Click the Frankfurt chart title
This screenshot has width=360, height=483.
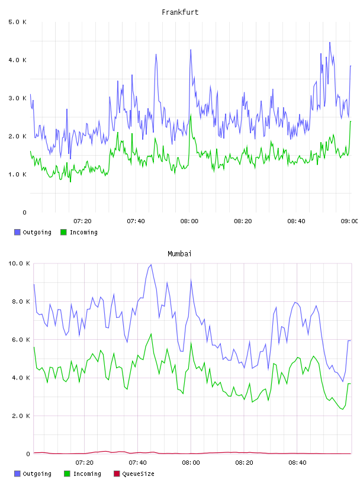(180, 12)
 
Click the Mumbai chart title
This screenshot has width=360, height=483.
(179, 254)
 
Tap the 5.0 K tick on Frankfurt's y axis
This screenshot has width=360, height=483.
(18, 22)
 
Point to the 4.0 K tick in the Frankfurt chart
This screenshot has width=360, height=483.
(18, 60)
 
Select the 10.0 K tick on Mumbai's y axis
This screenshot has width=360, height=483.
(19, 263)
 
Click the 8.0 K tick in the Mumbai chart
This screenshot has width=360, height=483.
(21, 301)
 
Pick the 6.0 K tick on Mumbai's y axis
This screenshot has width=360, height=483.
(21, 340)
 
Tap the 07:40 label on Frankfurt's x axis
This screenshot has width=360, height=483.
(136, 221)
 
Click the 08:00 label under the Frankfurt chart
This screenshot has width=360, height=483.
(189, 221)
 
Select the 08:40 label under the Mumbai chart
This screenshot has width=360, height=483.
(297, 463)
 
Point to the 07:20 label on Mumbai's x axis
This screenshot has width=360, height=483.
(85, 463)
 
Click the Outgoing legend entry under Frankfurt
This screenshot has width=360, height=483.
(33, 232)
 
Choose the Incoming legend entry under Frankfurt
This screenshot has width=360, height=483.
(79, 232)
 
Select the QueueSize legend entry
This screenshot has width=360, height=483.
(134, 474)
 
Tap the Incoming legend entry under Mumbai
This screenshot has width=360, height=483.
(83, 474)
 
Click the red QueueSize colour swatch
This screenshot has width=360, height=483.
(117, 474)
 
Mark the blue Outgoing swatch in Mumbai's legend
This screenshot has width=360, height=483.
(17, 474)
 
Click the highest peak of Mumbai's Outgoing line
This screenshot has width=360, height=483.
(151, 265)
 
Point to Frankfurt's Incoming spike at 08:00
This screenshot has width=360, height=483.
(191, 115)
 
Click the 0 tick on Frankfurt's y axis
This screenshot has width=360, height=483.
(25, 212)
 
